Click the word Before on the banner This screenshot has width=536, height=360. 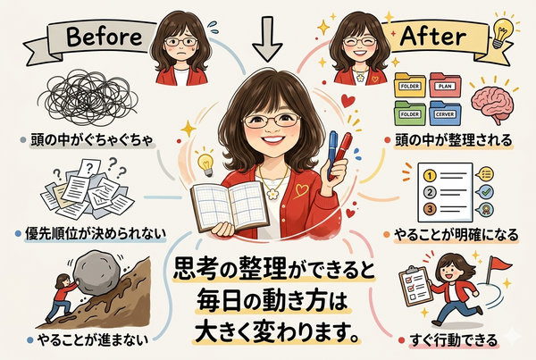104,37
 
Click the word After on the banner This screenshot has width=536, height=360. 432,36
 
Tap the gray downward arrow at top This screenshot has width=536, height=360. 267,38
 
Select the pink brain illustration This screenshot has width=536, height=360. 492,101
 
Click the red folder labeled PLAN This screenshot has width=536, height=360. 445,85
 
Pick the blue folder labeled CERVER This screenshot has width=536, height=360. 445,113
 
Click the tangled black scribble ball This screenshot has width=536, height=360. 88,96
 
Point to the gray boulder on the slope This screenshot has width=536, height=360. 96,272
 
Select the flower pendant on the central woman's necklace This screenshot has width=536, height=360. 272,194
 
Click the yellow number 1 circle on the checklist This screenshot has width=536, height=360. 430,176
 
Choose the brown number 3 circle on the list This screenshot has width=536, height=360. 430,208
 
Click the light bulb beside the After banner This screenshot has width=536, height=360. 503,31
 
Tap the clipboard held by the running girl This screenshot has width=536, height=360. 416,287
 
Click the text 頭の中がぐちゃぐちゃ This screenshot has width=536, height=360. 92,140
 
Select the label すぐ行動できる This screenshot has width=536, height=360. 453,340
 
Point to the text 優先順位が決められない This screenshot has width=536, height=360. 96,234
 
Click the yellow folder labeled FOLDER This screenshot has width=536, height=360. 410,85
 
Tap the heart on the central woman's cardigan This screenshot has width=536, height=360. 301,190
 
